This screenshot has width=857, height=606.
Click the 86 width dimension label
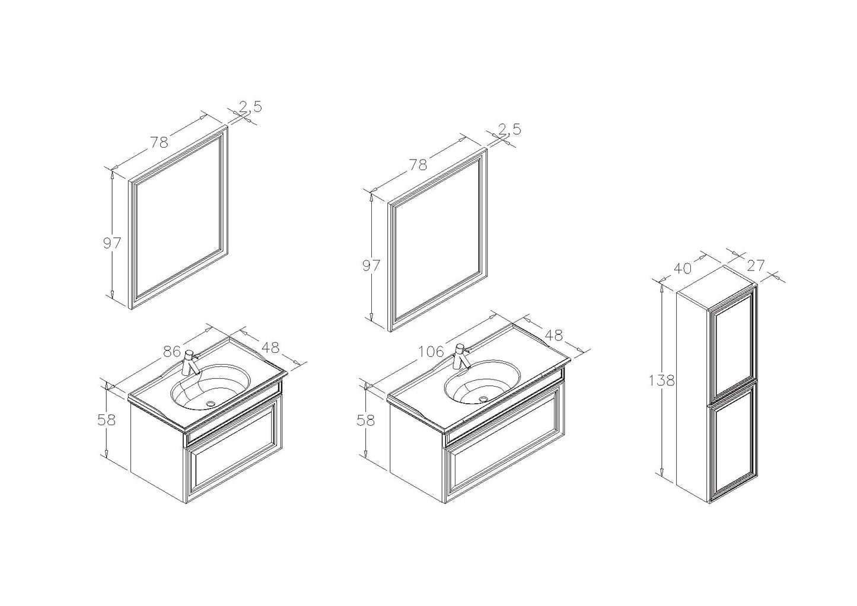pyautogui.click(x=172, y=352)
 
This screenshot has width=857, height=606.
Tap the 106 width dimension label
pyautogui.click(x=431, y=351)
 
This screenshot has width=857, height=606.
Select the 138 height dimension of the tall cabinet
pyautogui.click(x=661, y=381)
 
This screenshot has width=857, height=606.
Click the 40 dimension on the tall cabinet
pyautogui.click(x=683, y=268)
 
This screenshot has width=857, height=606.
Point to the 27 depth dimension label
pyautogui.click(x=755, y=266)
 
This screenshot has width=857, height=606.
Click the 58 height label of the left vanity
pyautogui.click(x=106, y=420)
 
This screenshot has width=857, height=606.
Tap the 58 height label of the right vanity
pyautogui.click(x=366, y=420)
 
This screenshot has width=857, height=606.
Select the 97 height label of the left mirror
pyautogui.click(x=112, y=243)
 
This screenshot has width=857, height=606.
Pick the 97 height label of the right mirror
pyautogui.click(x=371, y=266)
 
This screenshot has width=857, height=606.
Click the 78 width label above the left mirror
pyautogui.click(x=159, y=142)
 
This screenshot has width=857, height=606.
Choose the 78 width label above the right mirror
pyautogui.click(x=418, y=164)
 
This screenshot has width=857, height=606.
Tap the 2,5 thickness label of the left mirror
pyautogui.click(x=251, y=107)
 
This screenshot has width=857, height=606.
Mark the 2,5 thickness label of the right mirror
pyautogui.click(x=510, y=129)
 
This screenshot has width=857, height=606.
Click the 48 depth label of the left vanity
pyautogui.click(x=270, y=347)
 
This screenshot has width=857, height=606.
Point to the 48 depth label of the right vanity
pyautogui.click(x=553, y=335)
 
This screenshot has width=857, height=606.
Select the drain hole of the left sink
pyautogui.click(x=211, y=403)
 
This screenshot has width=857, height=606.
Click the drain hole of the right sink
pyautogui.click(x=483, y=398)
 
